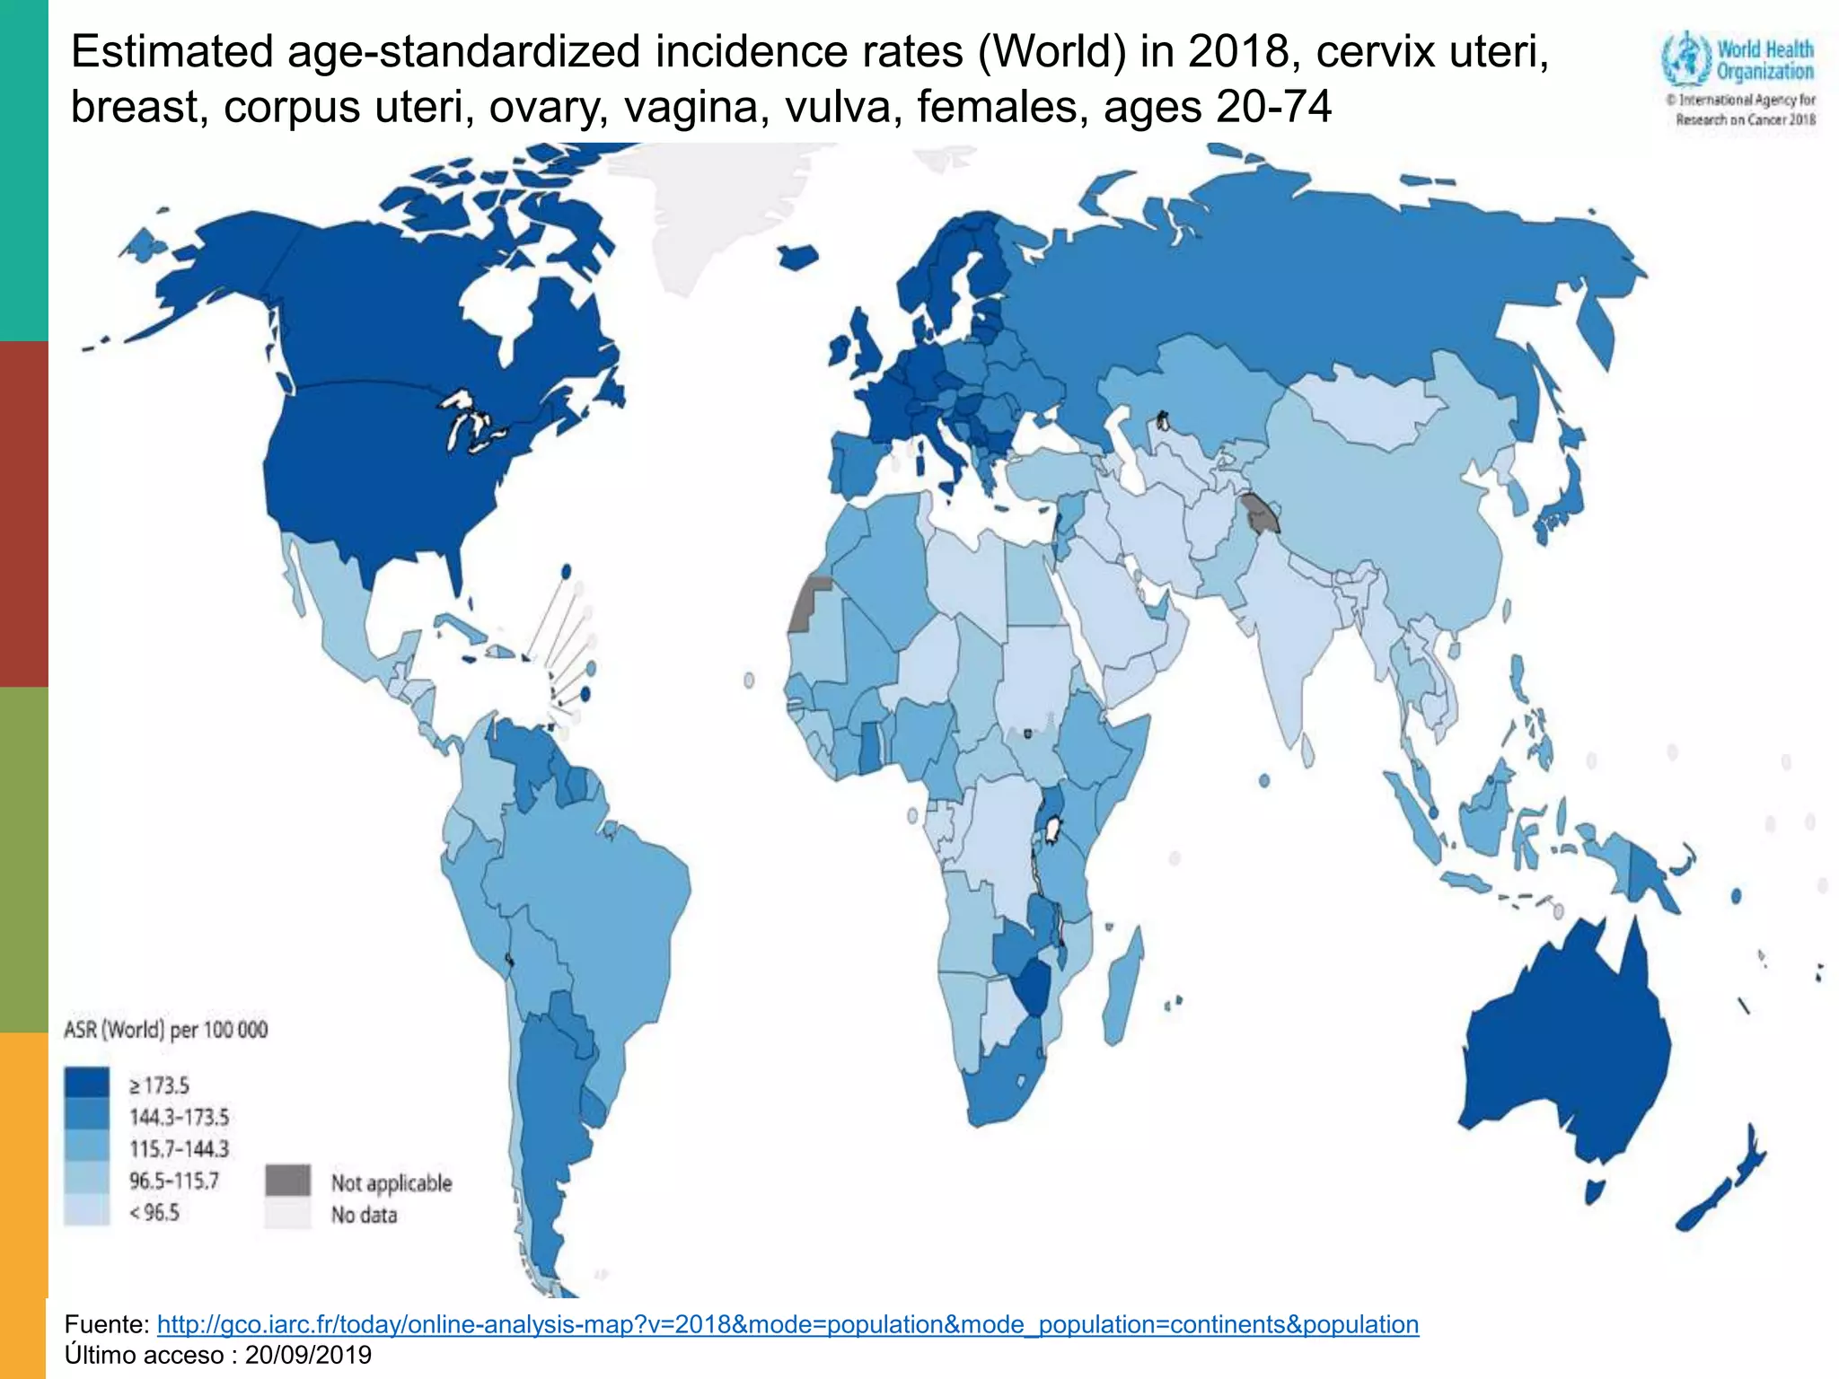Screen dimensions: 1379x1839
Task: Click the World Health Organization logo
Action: tap(1738, 79)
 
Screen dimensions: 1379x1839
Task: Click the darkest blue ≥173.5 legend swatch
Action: tap(86, 1084)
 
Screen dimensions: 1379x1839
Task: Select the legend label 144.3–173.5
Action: tap(179, 1117)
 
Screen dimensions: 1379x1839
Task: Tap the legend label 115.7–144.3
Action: tap(179, 1148)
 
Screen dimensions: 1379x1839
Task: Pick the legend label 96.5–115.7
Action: tap(173, 1181)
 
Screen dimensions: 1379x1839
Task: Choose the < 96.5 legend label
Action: tap(154, 1213)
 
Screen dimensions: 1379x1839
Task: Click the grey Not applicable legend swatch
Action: tap(287, 1181)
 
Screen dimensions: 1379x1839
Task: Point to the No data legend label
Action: tap(364, 1215)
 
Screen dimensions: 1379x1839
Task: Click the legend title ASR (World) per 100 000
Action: tap(165, 1030)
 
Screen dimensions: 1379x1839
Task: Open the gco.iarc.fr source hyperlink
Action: tap(788, 1324)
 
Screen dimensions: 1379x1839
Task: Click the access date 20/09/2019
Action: tap(308, 1355)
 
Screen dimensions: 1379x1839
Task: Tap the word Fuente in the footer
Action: tap(106, 1324)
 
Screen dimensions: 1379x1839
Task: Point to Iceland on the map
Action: tap(797, 258)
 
